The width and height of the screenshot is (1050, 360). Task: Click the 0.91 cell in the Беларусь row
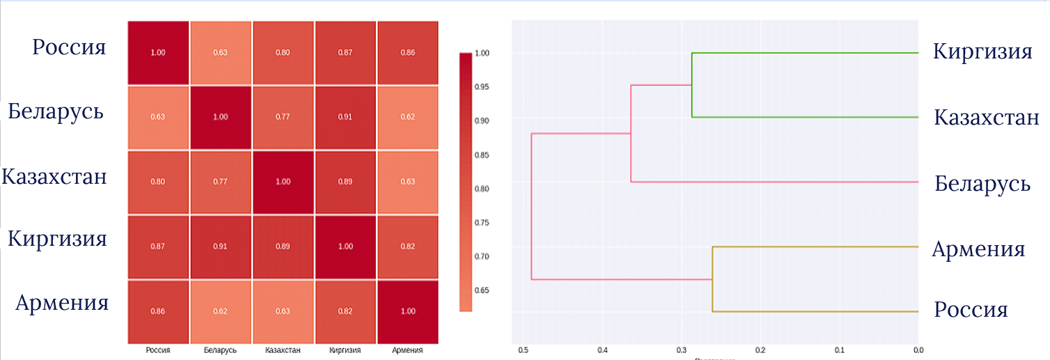point(345,117)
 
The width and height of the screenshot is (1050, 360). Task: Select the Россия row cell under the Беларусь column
point(220,52)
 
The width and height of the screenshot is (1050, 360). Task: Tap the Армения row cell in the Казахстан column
point(283,311)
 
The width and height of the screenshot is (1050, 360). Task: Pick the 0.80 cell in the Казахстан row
point(158,182)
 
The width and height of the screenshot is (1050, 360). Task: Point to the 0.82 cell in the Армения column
point(407,246)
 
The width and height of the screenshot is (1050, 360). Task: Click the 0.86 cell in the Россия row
point(407,52)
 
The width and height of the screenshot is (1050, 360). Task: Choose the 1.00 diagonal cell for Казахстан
point(283,182)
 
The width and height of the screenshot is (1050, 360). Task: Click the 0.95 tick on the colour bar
point(482,87)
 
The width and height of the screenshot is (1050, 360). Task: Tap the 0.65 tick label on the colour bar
point(482,290)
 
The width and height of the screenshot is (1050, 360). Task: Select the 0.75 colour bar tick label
point(482,222)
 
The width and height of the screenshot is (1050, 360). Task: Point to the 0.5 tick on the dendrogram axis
point(524,350)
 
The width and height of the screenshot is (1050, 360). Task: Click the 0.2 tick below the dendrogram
point(760,350)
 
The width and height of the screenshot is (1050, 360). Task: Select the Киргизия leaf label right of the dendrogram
point(982,52)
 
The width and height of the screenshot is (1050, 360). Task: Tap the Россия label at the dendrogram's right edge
point(971,310)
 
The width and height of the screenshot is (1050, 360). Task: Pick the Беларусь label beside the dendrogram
point(982,184)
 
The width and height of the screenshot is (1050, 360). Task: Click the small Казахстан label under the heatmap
point(283,350)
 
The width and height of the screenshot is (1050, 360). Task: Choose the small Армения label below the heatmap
point(407,350)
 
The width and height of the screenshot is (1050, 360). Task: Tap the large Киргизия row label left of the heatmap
point(57,239)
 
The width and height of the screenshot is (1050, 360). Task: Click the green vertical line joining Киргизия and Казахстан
point(691,85)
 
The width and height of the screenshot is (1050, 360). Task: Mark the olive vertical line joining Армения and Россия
point(712,279)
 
